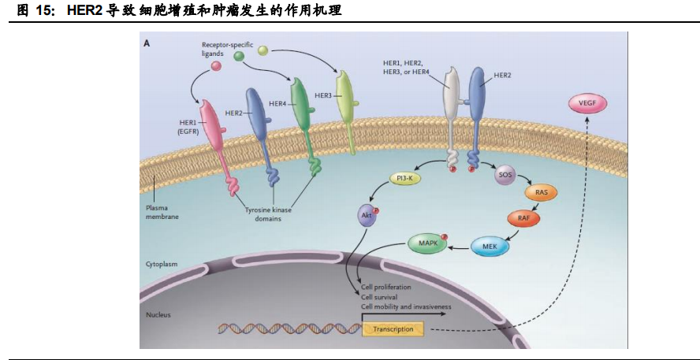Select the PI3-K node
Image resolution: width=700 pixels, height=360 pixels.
407,180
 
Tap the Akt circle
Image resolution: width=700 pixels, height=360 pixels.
366,213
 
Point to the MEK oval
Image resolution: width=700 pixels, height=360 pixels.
490,247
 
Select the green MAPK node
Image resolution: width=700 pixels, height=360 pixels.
426,243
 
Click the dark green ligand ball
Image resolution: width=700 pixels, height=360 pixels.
238,56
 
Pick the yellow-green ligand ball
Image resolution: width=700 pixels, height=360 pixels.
263,51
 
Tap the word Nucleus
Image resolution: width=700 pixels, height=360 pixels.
158,315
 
